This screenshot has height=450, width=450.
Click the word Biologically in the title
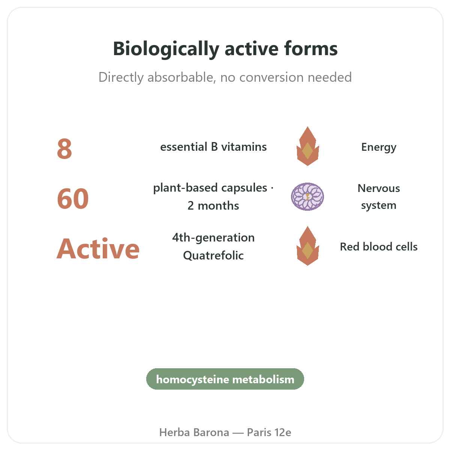pos(166,49)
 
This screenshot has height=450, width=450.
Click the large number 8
pos(64,149)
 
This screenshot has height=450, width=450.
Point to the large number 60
pos(73,199)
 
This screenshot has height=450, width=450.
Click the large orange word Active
pos(98,249)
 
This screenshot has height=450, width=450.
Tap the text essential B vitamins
pos(213,147)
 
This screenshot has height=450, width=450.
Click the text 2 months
pos(213,206)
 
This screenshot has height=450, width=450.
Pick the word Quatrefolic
pos(213,255)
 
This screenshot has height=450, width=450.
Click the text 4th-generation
pos(213,238)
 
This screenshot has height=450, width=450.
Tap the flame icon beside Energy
pos(307,146)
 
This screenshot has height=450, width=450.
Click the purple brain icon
pos(307,196)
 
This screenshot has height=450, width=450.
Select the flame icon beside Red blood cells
pos(307,246)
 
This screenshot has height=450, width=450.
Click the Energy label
pos(378,147)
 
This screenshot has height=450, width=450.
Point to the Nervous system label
pos(378,197)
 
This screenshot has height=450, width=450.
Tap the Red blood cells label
pos(378,247)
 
